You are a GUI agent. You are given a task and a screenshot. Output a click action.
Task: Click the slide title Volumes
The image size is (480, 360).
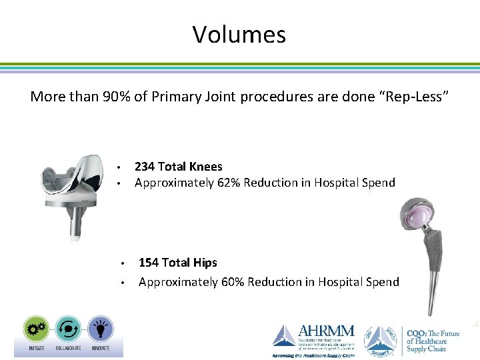239,34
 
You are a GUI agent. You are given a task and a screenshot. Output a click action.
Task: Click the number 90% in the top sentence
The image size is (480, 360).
117,97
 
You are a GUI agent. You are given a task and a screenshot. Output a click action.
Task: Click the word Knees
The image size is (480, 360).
206,166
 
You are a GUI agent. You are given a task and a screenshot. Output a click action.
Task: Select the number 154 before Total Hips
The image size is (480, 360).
149,263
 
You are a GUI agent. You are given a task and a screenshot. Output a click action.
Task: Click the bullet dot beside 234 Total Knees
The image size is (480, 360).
117,167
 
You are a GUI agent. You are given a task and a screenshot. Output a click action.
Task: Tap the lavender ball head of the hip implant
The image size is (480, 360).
417,215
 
